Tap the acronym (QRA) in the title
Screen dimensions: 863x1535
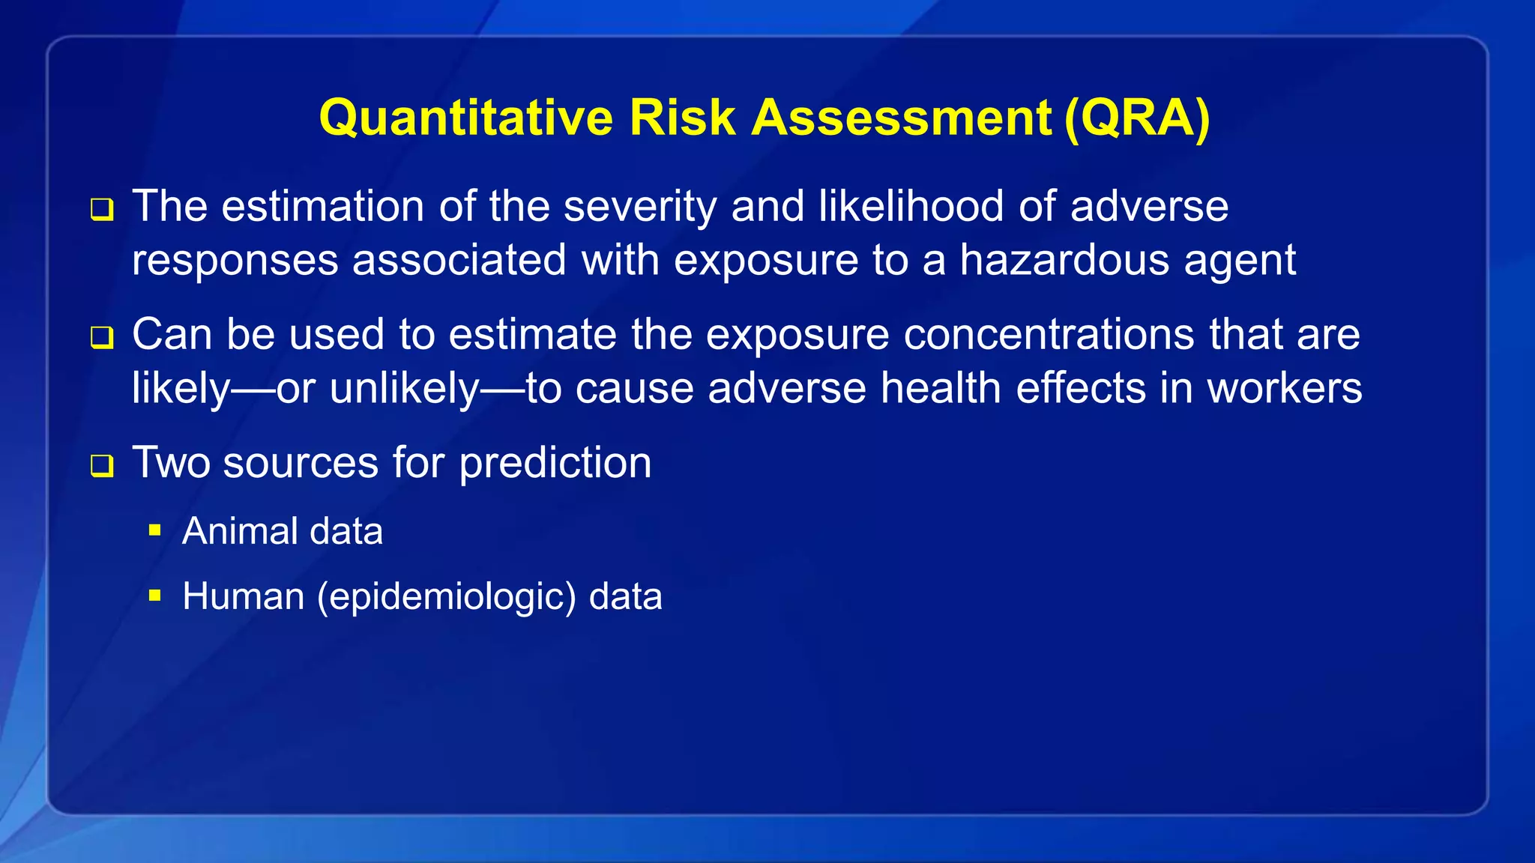pyautogui.click(x=1136, y=118)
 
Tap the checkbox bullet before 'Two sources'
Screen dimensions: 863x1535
pyautogui.click(x=102, y=466)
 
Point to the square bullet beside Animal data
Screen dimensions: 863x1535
pyautogui.click(x=155, y=531)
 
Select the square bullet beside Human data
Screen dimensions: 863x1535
pyautogui.click(x=155, y=596)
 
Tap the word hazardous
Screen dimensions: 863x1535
pyautogui.click(x=1064, y=260)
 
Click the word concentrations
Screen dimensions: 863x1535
pyautogui.click(x=1049, y=334)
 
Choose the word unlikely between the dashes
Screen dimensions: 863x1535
pyautogui.click(x=404, y=388)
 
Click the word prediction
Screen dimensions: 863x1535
pyautogui.click(x=555, y=463)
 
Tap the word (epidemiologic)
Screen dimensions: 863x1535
pyautogui.click(x=447, y=597)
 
